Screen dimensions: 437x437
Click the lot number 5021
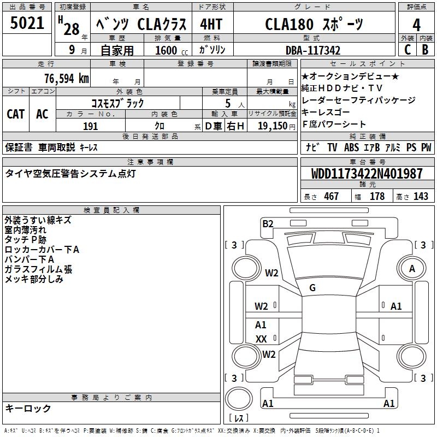(x=27, y=23)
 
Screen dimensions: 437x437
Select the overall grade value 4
(x=417, y=25)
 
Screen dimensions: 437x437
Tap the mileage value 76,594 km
(x=66, y=78)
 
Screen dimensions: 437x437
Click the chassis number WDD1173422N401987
(x=367, y=174)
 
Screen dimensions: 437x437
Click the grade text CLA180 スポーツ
(x=314, y=25)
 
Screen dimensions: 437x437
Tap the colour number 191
(x=91, y=126)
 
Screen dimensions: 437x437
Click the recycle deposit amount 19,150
(x=273, y=126)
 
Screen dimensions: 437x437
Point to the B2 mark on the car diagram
(x=268, y=223)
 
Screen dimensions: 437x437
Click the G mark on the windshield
(x=312, y=287)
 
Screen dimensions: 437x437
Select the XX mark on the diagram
(x=261, y=339)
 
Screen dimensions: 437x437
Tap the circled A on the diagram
(x=412, y=268)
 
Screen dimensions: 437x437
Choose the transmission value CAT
(x=16, y=114)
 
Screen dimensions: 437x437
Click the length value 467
(x=331, y=196)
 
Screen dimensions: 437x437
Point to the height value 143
(x=421, y=196)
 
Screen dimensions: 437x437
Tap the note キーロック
(x=28, y=408)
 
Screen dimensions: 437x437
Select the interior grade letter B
(x=426, y=49)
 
